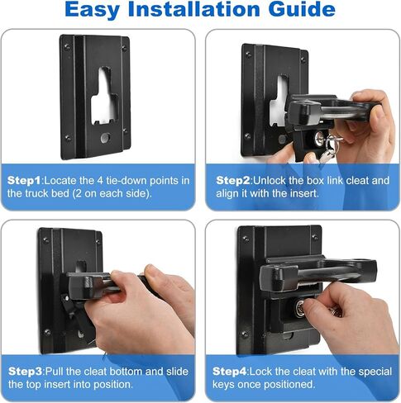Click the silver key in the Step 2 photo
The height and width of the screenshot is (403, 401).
tap(331, 147)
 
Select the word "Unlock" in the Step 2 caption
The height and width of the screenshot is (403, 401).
tap(273, 179)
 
